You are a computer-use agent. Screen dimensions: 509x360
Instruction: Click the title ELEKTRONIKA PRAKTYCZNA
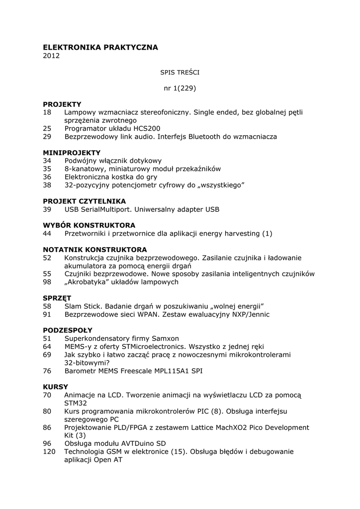click(x=100, y=47)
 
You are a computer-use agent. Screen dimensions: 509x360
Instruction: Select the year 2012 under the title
click(x=51, y=56)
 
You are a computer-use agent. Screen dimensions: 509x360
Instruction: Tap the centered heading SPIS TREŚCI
click(x=180, y=72)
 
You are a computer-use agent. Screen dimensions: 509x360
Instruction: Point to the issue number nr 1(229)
click(x=180, y=88)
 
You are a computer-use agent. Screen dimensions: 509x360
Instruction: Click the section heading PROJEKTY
click(x=62, y=104)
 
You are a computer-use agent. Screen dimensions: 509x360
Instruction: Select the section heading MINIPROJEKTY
click(x=72, y=153)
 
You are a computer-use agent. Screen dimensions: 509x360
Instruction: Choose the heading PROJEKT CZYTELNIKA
click(x=84, y=201)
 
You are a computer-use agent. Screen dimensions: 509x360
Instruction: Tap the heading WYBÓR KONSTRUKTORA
click(x=89, y=225)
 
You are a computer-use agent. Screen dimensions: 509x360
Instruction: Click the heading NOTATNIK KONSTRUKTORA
click(x=94, y=250)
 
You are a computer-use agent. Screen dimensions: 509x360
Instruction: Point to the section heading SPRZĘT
click(x=57, y=298)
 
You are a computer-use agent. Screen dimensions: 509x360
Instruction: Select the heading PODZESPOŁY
click(x=68, y=330)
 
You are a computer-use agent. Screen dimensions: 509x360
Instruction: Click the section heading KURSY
click(x=56, y=387)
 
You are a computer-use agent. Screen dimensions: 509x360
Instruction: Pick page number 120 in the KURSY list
click(x=50, y=452)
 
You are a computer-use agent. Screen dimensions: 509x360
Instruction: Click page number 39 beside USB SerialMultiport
click(x=47, y=209)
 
